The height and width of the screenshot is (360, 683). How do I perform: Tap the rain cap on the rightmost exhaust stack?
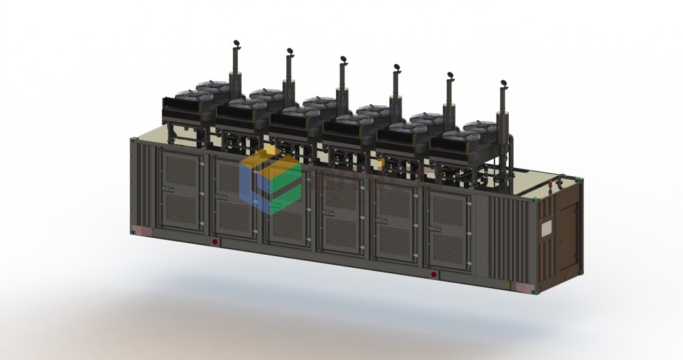click(504, 83)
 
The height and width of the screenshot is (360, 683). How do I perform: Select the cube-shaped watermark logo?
click(270, 179)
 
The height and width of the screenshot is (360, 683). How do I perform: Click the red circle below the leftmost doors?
click(214, 242)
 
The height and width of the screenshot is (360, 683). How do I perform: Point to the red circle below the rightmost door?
click(434, 275)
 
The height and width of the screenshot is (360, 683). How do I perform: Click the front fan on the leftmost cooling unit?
click(186, 95)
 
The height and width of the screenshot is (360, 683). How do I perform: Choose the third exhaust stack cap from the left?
click(344, 61)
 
